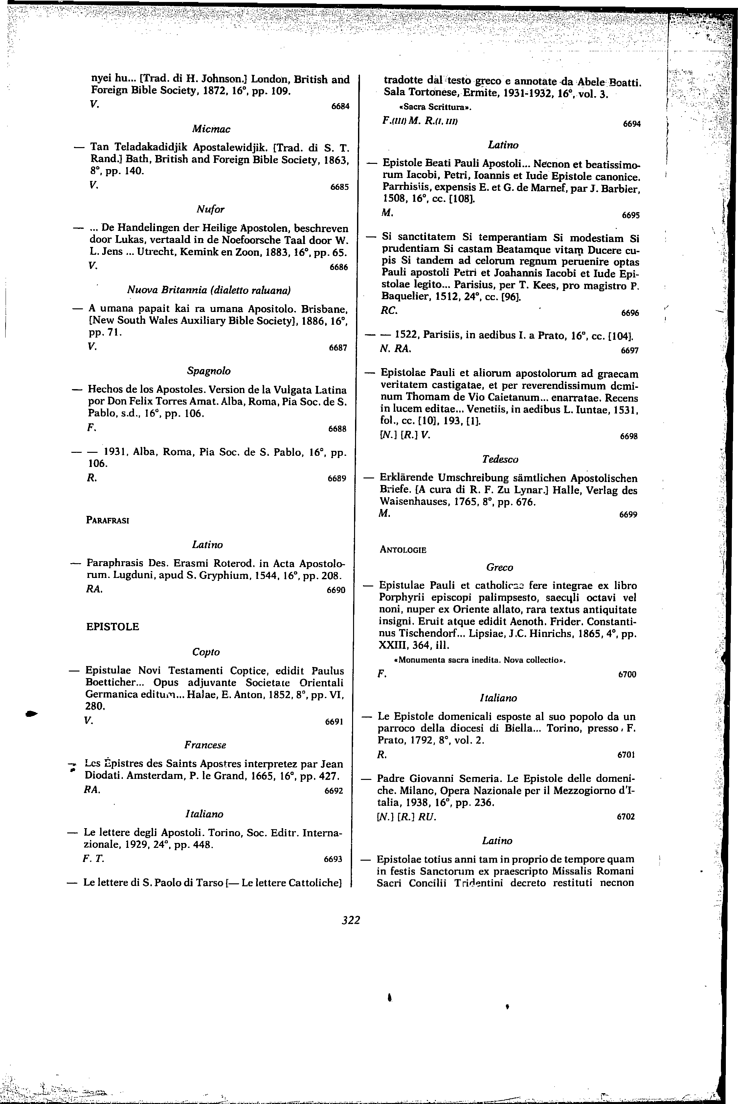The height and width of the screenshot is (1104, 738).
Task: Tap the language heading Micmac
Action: pyautogui.click(x=211, y=128)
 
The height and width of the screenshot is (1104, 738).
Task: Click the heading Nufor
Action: pyautogui.click(x=211, y=209)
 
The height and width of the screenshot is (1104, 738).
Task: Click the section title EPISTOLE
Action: pyautogui.click(x=113, y=626)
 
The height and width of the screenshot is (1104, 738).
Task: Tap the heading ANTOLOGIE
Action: pyautogui.click(x=403, y=549)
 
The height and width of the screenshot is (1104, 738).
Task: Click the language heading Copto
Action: pyautogui.click(x=206, y=652)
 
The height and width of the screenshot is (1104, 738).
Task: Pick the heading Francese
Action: pyautogui.click(x=205, y=745)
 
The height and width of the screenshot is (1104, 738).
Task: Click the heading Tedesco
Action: pyautogui.click(x=500, y=458)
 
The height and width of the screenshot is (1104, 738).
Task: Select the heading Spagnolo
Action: pyautogui.click(x=209, y=371)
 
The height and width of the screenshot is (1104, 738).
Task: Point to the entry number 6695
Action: pyautogui.click(x=631, y=215)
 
